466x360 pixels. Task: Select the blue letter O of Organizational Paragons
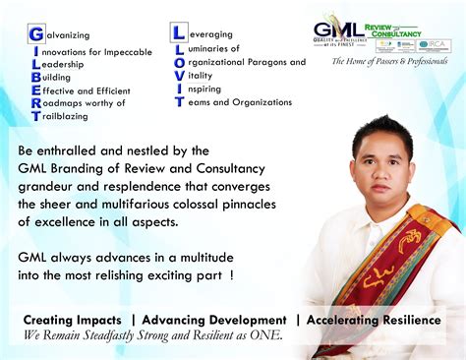pos(178,61)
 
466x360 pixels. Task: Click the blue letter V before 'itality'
pos(178,75)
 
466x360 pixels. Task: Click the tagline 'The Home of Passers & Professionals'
pos(389,61)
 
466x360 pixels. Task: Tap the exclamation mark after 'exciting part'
pos(232,275)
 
